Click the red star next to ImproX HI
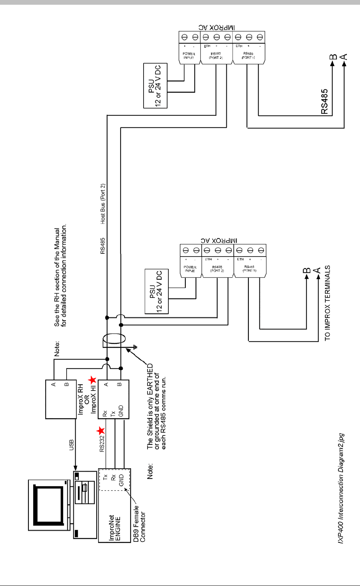(92, 380)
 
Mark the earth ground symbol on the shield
(135, 348)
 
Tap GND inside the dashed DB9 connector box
(121, 480)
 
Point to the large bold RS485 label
(325, 101)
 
